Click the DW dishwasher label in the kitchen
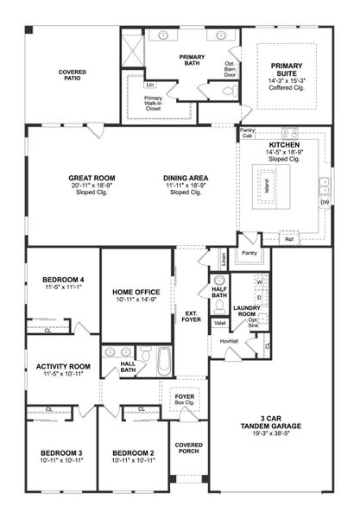(325, 202)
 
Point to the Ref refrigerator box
(290, 239)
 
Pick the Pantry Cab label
(248, 134)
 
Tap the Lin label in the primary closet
(149, 85)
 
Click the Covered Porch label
(188, 449)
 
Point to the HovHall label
(229, 340)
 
